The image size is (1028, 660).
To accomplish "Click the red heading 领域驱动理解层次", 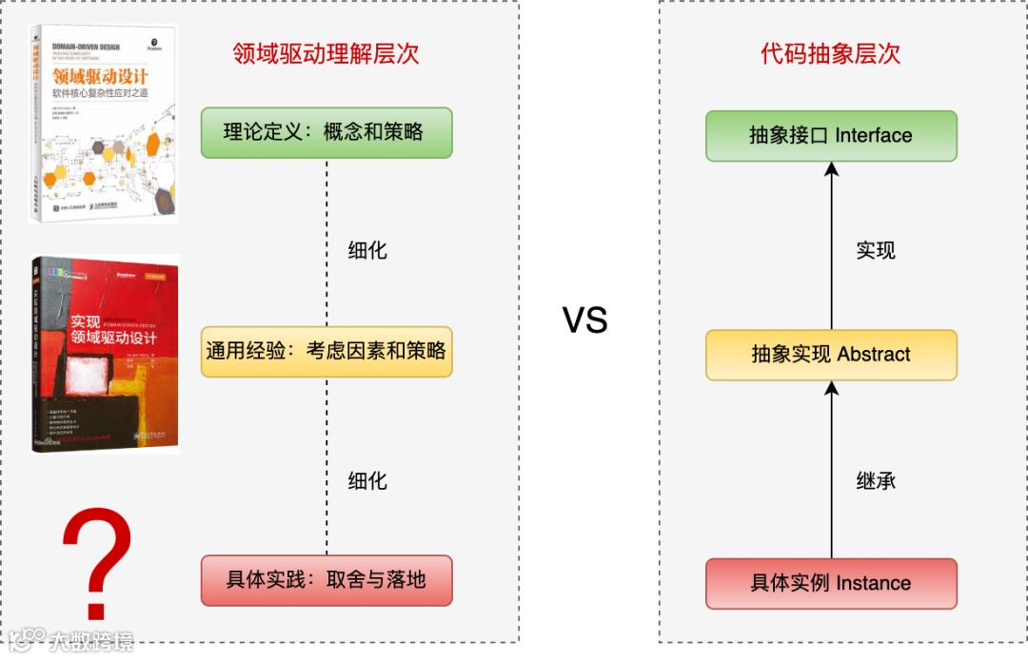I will tap(326, 53).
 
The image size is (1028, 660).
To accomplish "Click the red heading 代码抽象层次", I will tap(831, 53).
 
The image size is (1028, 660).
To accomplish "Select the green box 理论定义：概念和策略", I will tap(326, 132).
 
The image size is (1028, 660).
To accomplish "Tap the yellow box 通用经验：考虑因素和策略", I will tap(326, 351).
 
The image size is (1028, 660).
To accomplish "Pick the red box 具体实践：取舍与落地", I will tap(326, 580).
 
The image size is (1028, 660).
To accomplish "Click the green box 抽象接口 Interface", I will tap(831, 135).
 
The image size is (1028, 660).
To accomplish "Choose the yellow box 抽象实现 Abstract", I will tap(831, 355).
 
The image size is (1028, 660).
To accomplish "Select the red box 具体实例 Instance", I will tap(831, 584).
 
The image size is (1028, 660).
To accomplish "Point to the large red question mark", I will tap(96, 552).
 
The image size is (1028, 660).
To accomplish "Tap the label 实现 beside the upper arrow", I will tap(876, 251).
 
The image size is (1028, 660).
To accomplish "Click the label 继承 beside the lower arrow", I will tap(876, 480).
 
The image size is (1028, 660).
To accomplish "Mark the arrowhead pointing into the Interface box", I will tap(831, 169).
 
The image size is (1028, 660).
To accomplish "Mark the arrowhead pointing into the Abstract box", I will tap(831, 388).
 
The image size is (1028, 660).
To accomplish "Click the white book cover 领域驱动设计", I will tap(103, 124).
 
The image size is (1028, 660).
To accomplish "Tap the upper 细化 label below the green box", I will tap(367, 251).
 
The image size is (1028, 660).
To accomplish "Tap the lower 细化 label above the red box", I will tap(367, 480).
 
